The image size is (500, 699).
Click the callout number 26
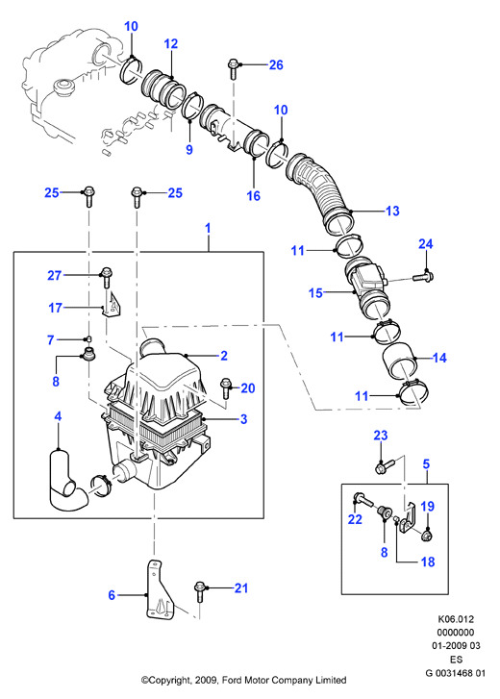[x=276, y=65]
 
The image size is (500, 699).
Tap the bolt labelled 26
[x=233, y=67]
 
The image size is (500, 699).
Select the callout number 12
[x=171, y=43]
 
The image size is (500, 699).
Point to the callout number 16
[x=253, y=195]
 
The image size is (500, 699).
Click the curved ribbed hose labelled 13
[x=320, y=192]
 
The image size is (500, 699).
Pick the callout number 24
[x=426, y=244]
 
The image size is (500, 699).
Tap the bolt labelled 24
[x=423, y=277]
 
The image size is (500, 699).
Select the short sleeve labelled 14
[x=399, y=361]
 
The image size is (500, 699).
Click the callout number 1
[x=208, y=228]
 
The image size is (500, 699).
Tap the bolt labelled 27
[x=106, y=277]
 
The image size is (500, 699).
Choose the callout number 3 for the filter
[x=243, y=419]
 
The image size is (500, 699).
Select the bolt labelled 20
[x=226, y=387]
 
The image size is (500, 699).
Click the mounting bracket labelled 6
[x=159, y=590]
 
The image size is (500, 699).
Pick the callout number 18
[x=427, y=562]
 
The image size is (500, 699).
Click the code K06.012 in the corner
[x=456, y=619]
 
